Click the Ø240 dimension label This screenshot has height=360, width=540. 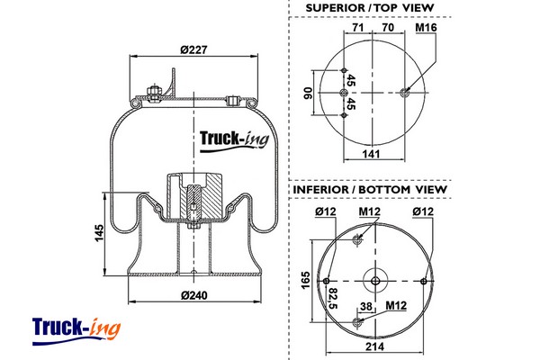[193, 295]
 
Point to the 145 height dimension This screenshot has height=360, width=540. [99, 235]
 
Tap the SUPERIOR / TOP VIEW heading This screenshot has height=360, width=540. [370, 8]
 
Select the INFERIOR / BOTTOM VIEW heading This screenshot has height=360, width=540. [369, 190]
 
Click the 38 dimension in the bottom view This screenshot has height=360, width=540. [365, 306]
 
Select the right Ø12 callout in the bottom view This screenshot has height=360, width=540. [421, 211]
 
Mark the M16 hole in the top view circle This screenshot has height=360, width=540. [406, 91]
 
